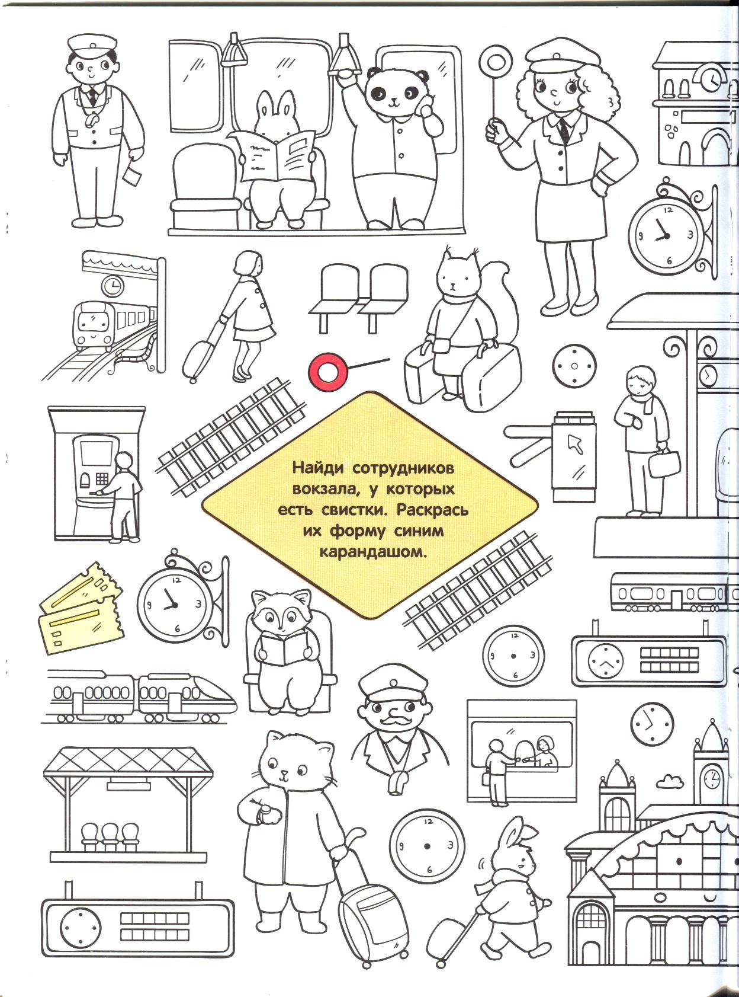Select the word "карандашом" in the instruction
(371, 552)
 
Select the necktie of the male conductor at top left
(93, 96)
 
